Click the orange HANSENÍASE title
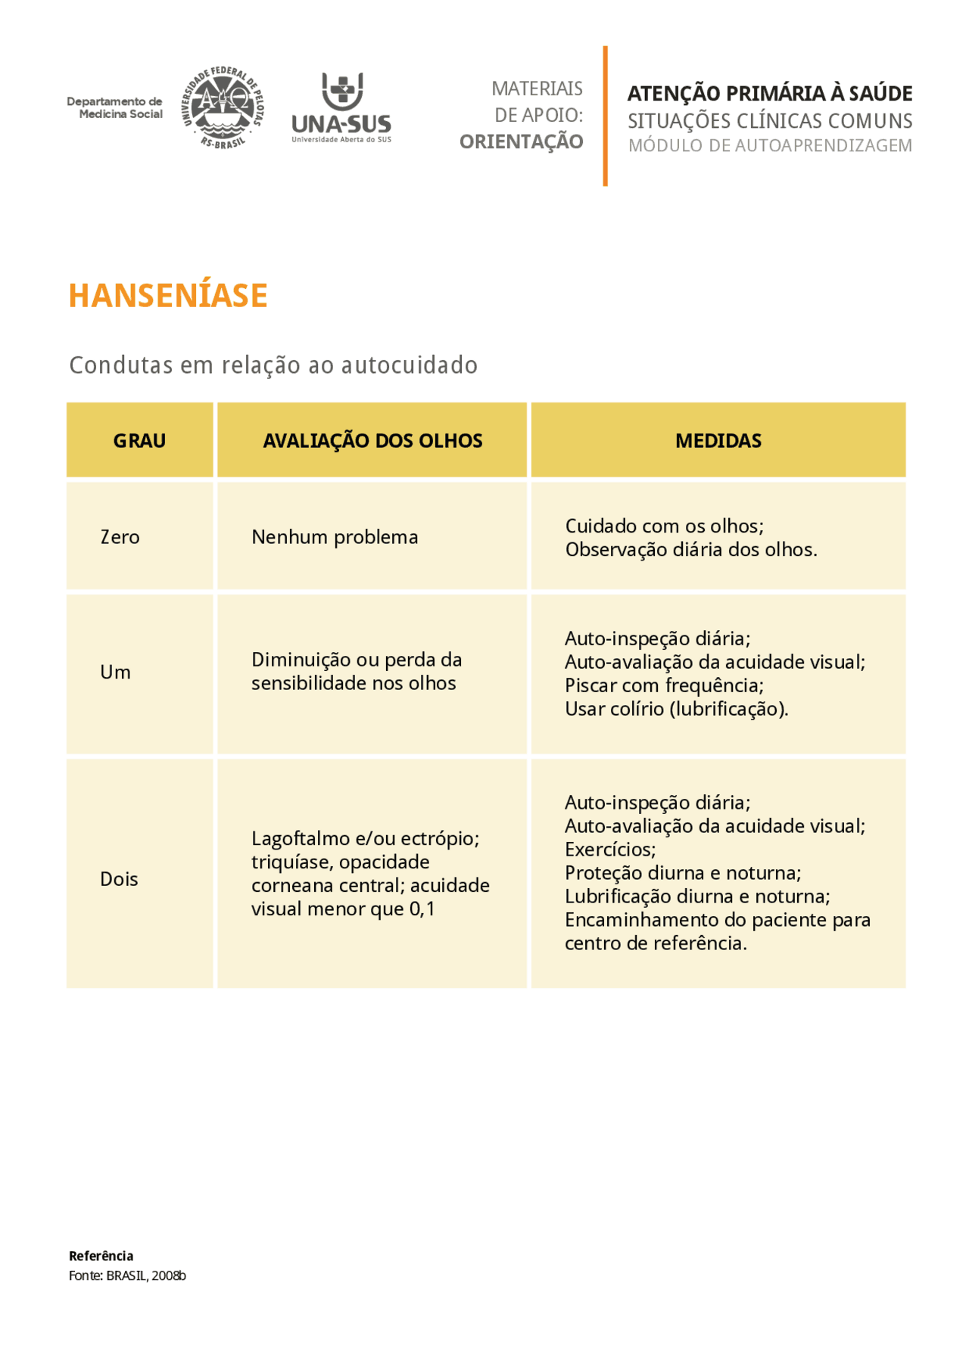point(168,296)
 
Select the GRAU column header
point(139,441)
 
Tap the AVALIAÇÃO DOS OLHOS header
point(372,441)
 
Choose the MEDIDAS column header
point(718,441)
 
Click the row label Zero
point(120,537)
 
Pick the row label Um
point(115,673)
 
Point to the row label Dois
point(119,879)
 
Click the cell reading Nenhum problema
point(335,537)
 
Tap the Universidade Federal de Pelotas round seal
point(223,107)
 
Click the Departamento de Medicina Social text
point(115,107)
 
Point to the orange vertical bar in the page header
point(605,116)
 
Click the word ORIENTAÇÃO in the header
point(521,142)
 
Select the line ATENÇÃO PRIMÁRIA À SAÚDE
point(769,94)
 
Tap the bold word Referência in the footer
point(101,1256)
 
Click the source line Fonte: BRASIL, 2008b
point(127,1275)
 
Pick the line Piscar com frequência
point(664,685)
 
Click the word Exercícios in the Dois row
point(610,850)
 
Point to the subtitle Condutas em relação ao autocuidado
point(273,365)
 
